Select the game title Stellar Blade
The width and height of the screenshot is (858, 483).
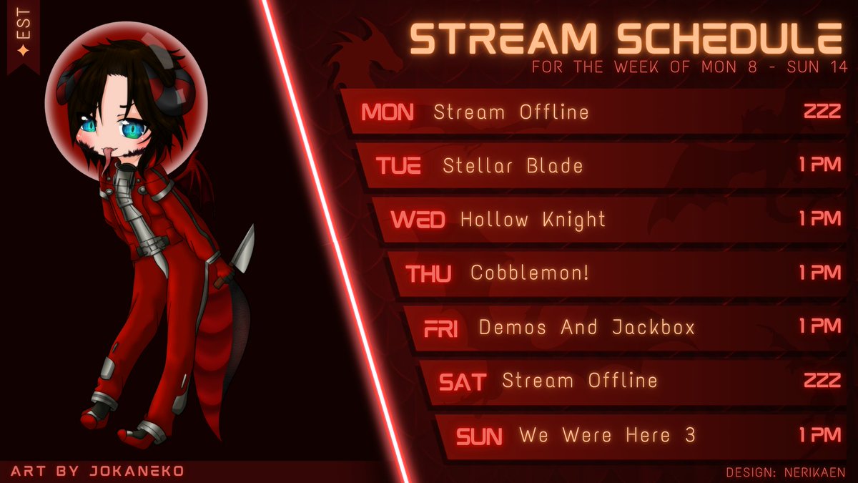point(513,166)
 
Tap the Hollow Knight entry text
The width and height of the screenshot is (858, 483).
point(533,220)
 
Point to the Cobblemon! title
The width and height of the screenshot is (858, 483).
point(529,273)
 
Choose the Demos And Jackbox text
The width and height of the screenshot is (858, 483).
point(586,327)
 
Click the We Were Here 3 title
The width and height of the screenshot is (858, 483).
point(607,435)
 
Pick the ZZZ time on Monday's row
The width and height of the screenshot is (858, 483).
point(822,112)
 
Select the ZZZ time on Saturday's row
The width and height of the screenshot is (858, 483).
point(822,381)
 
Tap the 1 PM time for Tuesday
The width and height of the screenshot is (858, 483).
point(820,165)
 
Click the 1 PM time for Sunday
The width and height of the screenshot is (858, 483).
point(820,434)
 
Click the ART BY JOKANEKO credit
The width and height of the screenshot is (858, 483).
point(97,471)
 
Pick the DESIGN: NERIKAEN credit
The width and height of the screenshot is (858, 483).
point(785,472)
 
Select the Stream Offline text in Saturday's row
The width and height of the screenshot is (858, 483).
point(579,381)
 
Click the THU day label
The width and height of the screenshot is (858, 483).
point(428,274)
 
